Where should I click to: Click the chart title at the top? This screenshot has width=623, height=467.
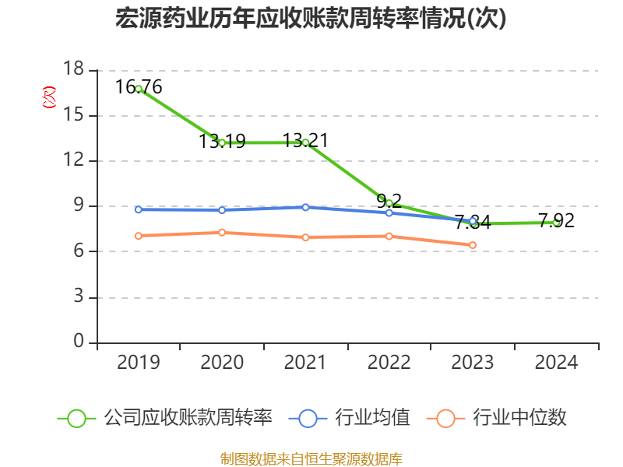311,19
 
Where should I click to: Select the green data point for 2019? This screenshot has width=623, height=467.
139,89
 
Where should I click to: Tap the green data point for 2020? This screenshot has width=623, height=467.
222,142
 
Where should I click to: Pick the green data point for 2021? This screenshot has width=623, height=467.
305,142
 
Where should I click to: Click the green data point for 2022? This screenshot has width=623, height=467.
389,203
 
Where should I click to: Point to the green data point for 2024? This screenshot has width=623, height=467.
556,223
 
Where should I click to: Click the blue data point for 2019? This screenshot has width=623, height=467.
139,209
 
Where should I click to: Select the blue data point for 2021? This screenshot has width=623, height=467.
305,207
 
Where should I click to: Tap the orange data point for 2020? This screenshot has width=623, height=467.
222,232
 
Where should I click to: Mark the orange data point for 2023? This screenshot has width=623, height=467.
473,245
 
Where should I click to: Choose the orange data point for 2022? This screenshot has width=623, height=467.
389,236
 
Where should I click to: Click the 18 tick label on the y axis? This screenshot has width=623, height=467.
73,70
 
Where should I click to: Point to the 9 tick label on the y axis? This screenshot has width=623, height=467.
79,206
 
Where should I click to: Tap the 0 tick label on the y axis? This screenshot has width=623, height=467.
79,342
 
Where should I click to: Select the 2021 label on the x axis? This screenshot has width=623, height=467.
305,363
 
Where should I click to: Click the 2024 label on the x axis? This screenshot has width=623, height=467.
556,363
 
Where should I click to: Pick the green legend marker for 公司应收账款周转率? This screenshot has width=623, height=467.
76,418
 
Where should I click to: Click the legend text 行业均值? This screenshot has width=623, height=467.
372,418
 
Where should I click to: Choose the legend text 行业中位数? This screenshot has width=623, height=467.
519,418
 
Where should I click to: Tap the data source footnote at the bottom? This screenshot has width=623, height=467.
311,458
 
